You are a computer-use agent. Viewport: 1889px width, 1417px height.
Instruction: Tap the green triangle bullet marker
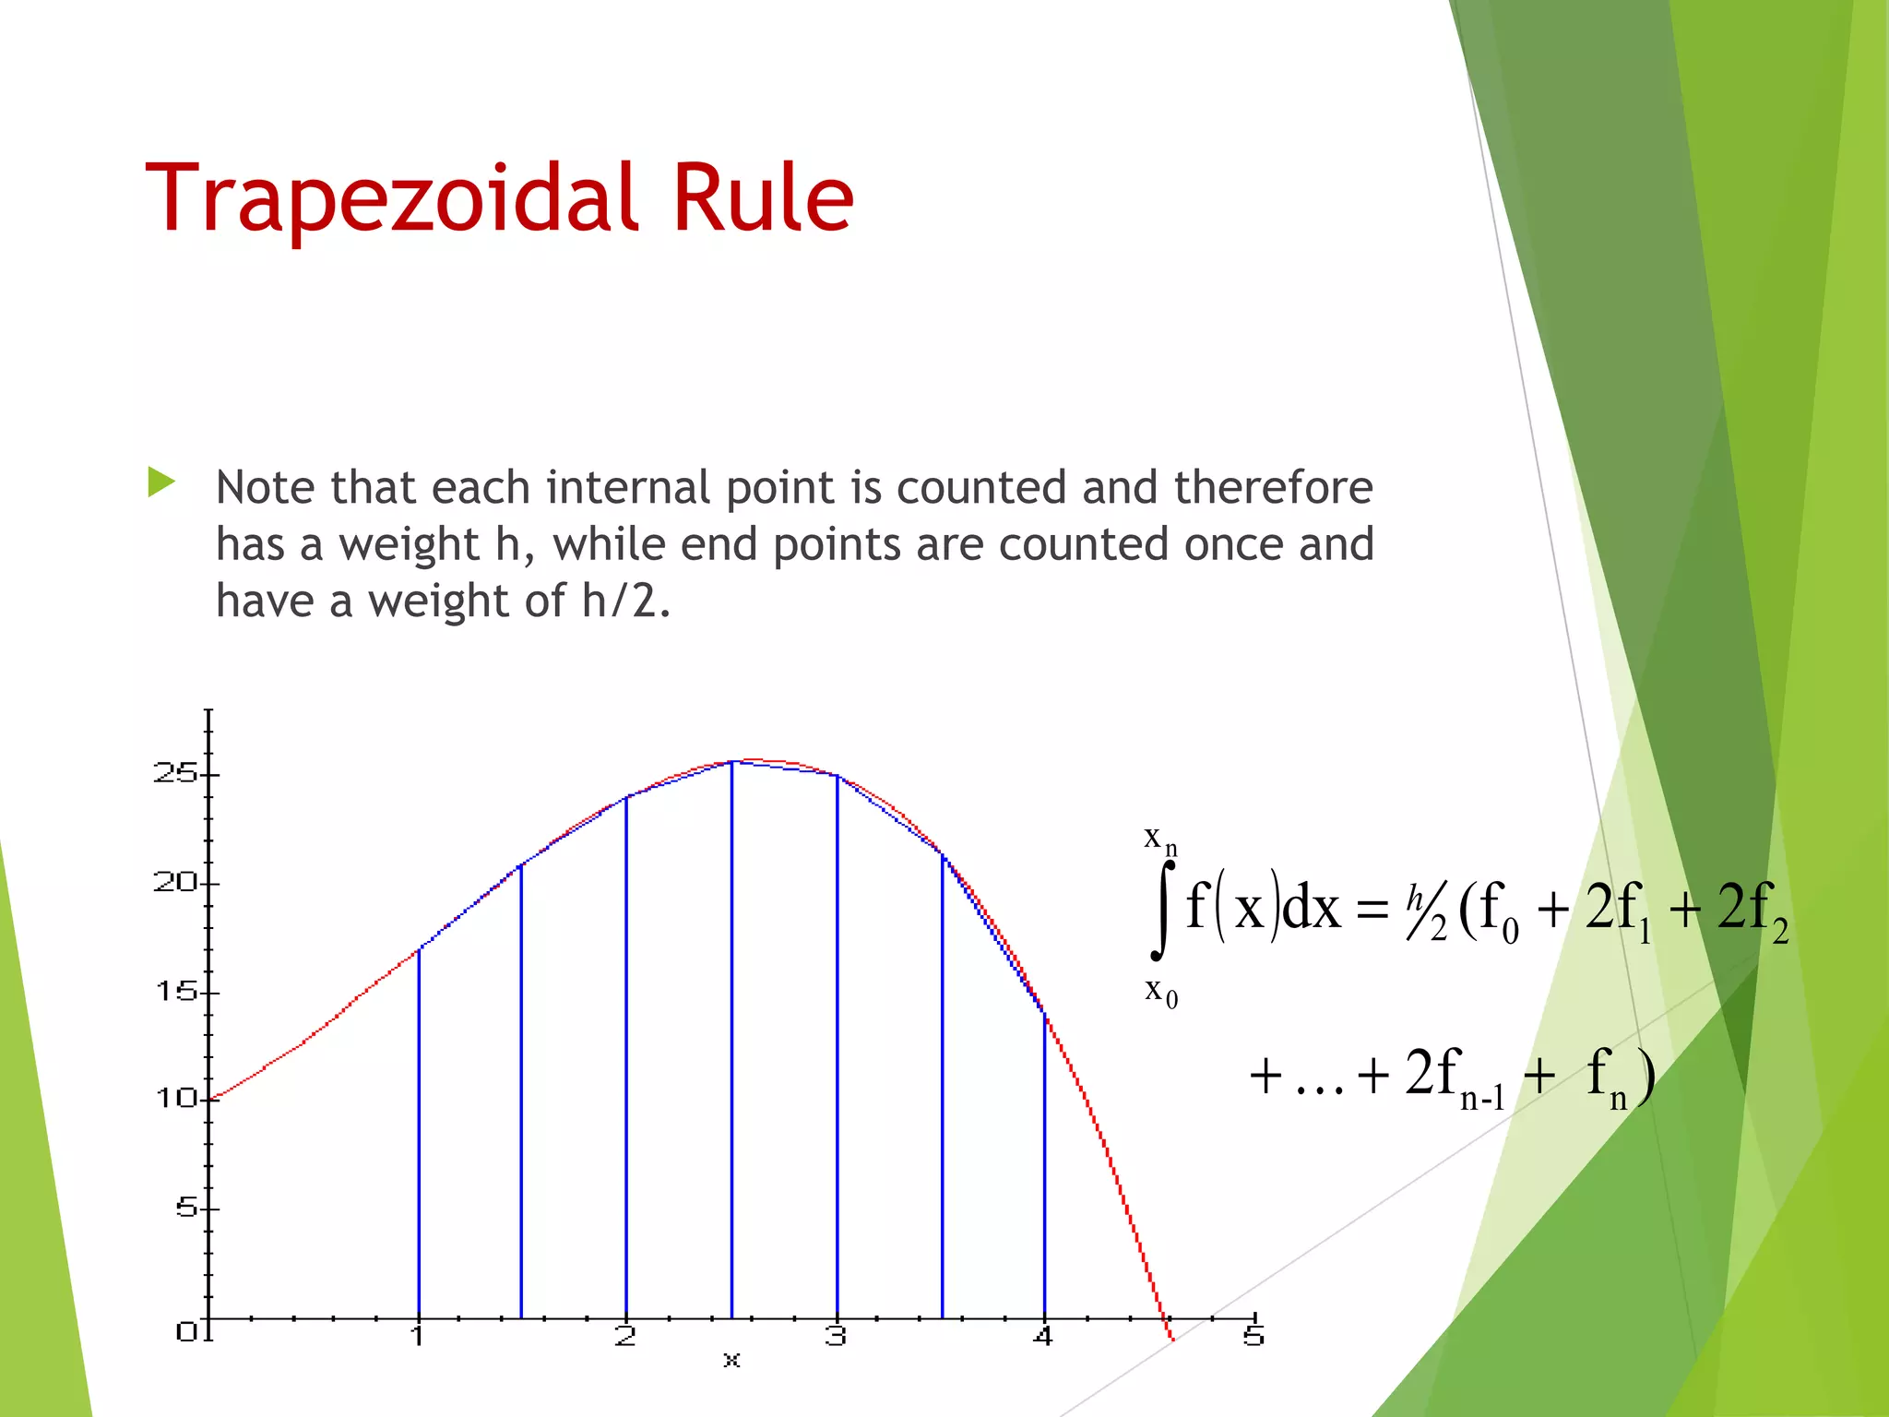[x=161, y=482]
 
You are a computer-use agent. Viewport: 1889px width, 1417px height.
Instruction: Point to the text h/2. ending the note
[x=626, y=601]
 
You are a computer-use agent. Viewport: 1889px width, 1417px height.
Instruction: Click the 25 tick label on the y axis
[x=175, y=773]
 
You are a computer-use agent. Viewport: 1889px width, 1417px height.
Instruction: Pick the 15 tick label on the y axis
[x=175, y=992]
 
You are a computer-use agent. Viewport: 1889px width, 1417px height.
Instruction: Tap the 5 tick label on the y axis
[x=187, y=1208]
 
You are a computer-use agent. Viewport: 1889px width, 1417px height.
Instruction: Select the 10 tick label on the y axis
[x=175, y=1099]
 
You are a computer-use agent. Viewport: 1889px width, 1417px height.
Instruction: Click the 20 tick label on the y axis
[x=175, y=883]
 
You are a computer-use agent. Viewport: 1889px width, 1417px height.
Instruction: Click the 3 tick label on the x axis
[x=836, y=1336]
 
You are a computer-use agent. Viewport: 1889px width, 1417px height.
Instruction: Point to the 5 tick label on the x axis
[x=1253, y=1336]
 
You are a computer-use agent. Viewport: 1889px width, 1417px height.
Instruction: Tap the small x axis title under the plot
[x=731, y=1360]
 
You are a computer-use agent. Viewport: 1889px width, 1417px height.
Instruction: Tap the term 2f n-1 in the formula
[x=1455, y=1076]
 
